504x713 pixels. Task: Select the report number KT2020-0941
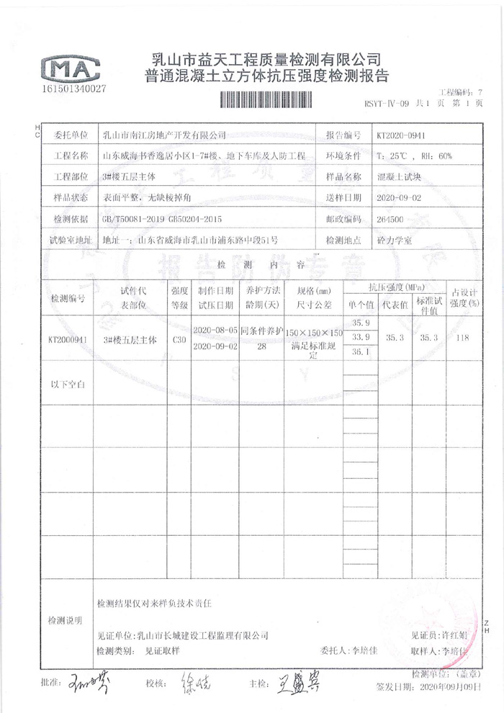402,135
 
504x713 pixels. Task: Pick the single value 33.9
360,337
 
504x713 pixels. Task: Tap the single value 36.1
360,351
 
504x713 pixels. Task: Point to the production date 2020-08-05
215,331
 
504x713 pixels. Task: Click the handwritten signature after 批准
86,680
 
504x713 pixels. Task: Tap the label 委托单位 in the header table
67,135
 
